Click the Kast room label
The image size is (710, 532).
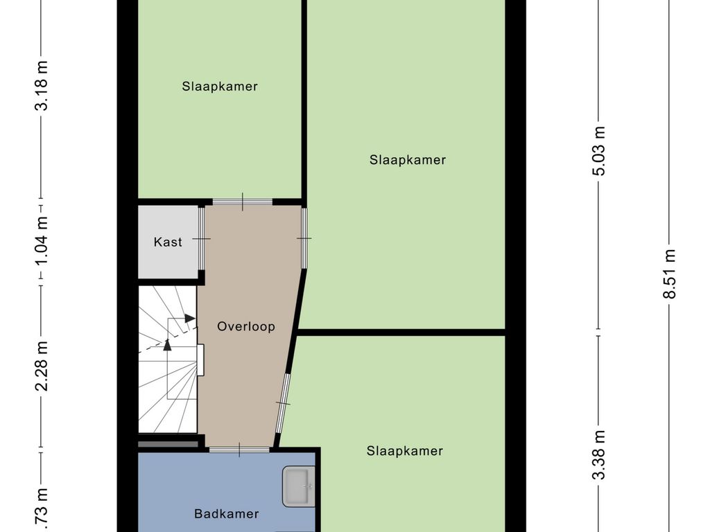[x=168, y=242]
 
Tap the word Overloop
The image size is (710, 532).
[x=246, y=326]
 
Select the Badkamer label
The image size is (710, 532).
[x=227, y=514]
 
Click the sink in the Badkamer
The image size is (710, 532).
[x=299, y=486]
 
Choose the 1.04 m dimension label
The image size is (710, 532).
[x=43, y=240]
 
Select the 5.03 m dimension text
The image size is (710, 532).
[x=600, y=150]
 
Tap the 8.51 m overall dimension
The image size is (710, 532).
[x=669, y=274]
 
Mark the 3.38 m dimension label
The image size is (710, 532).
[x=600, y=454]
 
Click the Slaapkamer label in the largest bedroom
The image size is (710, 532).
[x=408, y=160]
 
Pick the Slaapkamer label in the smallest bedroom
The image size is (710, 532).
[x=220, y=87]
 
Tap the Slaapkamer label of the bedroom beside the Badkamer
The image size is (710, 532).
[x=405, y=451]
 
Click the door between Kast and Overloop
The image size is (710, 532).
[x=202, y=238]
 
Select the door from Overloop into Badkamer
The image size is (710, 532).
[x=240, y=450]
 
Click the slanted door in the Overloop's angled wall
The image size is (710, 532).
[x=283, y=403]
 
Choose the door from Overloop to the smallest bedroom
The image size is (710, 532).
[x=243, y=202]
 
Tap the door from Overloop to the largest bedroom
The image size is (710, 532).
[x=304, y=238]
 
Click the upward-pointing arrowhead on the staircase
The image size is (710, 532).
[x=167, y=344]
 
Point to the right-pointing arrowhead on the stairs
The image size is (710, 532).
[x=190, y=318]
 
